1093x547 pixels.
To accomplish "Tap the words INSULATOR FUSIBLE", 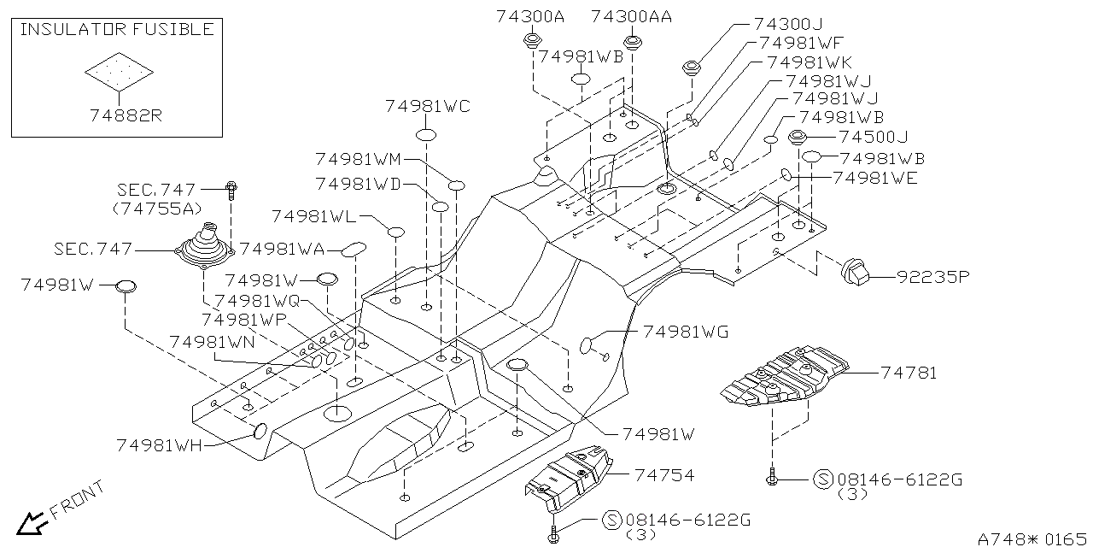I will [x=116, y=30].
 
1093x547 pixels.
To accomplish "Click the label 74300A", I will [x=530, y=16].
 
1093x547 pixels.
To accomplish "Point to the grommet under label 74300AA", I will [x=633, y=42].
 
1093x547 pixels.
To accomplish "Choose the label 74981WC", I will [x=427, y=107].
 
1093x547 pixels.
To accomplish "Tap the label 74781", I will [x=909, y=373].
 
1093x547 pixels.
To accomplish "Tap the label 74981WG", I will [x=686, y=332].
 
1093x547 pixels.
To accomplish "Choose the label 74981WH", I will [x=159, y=444].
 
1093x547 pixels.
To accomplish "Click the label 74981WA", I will [x=282, y=249].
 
